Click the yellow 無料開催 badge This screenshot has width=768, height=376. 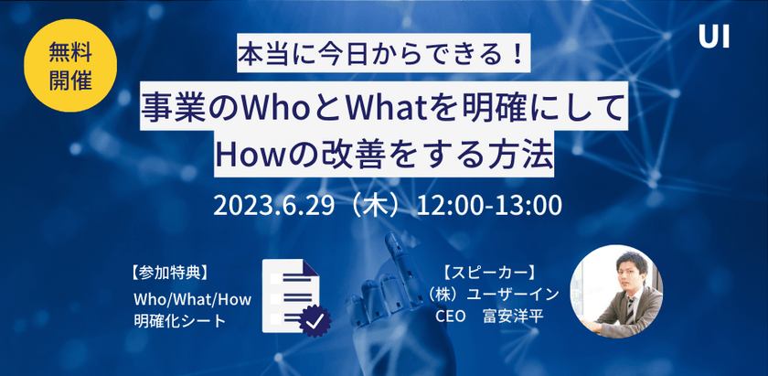70,66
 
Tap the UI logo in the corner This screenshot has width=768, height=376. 713,37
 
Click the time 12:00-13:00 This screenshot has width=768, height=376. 488,204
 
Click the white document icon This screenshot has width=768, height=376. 289,292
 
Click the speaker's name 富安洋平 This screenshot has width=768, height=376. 516,317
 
